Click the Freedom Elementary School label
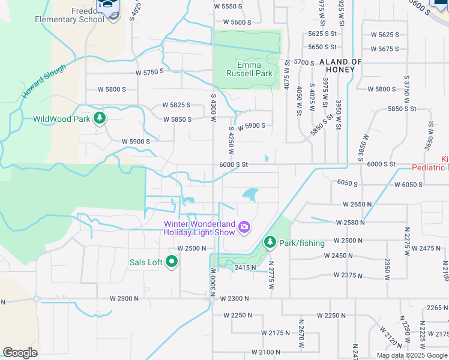click(78, 15)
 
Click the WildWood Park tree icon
click(100, 118)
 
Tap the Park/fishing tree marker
click(270, 242)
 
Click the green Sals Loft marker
click(172, 262)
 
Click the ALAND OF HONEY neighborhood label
click(340, 65)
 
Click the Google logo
click(20, 353)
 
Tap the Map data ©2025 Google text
click(411, 355)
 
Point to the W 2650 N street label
click(358, 205)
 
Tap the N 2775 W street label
click(271, 275)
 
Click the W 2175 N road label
click(276, 332)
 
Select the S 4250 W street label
click(231, 140)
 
